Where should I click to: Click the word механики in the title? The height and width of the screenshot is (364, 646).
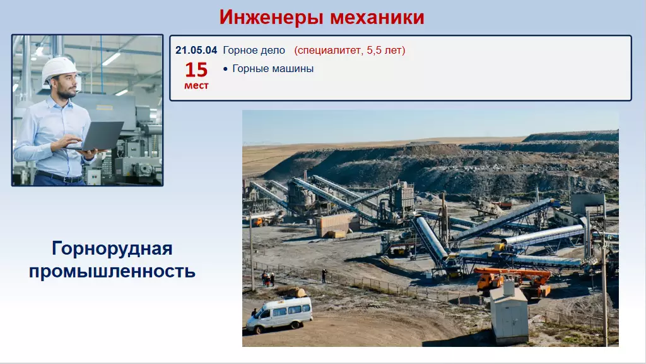pyautogui.click(x=377, y=17)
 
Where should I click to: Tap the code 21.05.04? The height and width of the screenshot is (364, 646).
pyautogui.click(x=196, y=51)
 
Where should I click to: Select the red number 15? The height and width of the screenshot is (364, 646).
pyautogui.click(x=196, y=70)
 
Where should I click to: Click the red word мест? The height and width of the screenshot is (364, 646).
pyautogui.click(x=196, y=85)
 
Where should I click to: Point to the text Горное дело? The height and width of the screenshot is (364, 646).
pyautogui.click(x=254, y=51)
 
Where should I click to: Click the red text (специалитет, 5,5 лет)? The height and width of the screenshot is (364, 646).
pyautogui.click(x=349, y=51)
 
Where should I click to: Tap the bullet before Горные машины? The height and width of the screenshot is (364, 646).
pyautogui.click(x=225, y=69)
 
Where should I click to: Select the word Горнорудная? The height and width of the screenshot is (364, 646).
pyautogui.click(x=112, y=249)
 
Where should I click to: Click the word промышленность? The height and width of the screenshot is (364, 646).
pyautogui.click(x=112, y=271)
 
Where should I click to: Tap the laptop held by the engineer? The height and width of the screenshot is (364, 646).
pyautogui.click(x=99, y=136)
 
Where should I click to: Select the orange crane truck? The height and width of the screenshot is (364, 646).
pyautogui.click(x=514, y=281)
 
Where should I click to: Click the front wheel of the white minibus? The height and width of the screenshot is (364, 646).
pyautogui.click(x=258, y=329)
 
